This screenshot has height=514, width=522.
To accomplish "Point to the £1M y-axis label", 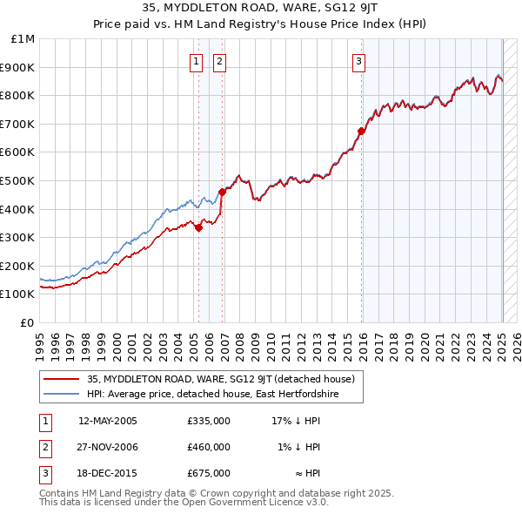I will pyautogui.click(x=23, y=39).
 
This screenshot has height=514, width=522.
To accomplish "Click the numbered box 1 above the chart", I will pyautogui.click(x=197, y=61).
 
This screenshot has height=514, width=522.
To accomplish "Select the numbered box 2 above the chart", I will pyautogui.click(x=219, y=61).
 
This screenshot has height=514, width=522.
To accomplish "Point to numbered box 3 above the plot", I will pyautogui.click(x=358, y=61).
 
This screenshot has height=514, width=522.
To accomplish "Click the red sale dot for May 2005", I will pyautogui.click(x=198, y=228).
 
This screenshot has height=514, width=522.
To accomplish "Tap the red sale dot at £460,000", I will pyautogui.click(x=222, y=192).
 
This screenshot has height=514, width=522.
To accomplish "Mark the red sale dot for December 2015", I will pyautogui.click(x=360, y=131).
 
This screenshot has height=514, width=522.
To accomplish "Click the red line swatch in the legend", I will pyautogui.click(x=62, y=380).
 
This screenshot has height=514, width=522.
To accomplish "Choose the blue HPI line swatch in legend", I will pyautogui.click(x=62, y=395).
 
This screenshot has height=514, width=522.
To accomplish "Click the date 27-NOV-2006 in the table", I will pyautogui.click(x=108, y=447).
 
